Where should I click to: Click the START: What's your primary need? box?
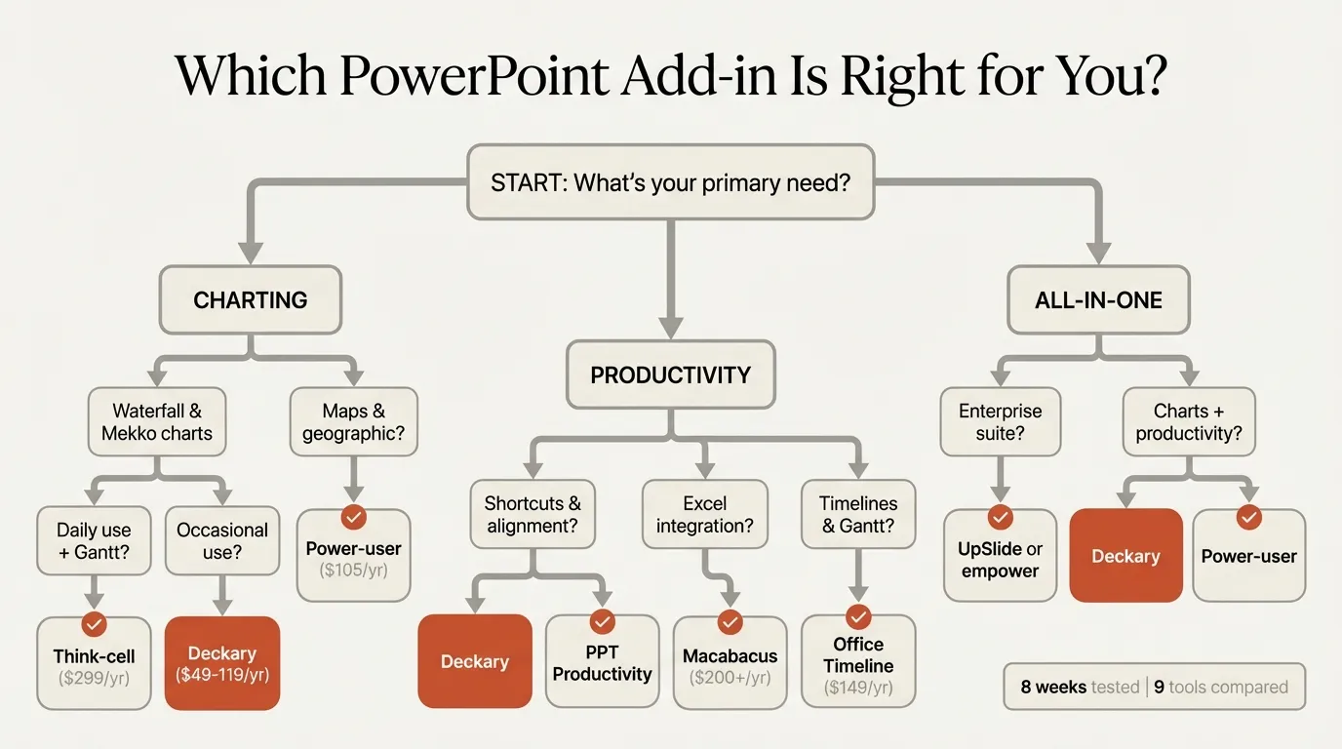[x=670, y=182]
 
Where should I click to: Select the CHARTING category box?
[x=251, y=300]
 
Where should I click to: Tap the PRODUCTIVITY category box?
[x=670, y=374]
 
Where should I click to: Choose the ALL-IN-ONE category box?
[x=1098, y=300]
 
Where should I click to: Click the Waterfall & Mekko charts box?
[x=157, y=422]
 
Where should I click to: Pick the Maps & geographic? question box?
[x=353, y=422]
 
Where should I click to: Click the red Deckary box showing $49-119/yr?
[x=222, y=663]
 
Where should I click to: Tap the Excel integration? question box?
[x=704, y=515]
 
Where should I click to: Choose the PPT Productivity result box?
[x=602, y=663]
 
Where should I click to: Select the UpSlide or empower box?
[x=1000, y=560]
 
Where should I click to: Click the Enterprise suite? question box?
[x=1000, y=422]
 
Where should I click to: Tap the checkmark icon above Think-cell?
[x=94, y=623]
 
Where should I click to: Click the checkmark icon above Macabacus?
[x=730, y=622]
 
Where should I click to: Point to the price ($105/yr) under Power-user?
[x=353, y=571]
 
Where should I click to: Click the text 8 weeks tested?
[x=1080, y=687]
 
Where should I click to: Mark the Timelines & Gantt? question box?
[x=858, y=515]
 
